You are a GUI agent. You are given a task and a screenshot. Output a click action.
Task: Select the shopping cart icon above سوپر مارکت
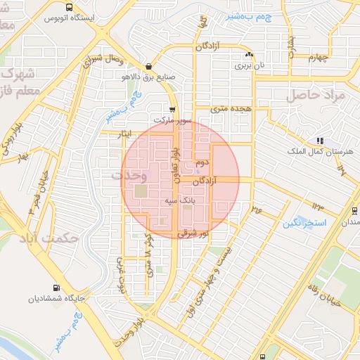click(x=172, y=108)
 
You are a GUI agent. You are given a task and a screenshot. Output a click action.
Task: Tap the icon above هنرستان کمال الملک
click(x=320, y=141)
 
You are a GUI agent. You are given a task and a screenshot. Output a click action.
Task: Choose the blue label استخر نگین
click(x=304, y=224)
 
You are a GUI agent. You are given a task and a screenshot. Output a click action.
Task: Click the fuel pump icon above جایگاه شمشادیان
click(x=56, y=288)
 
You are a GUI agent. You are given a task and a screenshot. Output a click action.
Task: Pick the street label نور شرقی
click(x=193, y=233)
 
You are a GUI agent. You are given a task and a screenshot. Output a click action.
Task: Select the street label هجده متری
click(x=233, y=109)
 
